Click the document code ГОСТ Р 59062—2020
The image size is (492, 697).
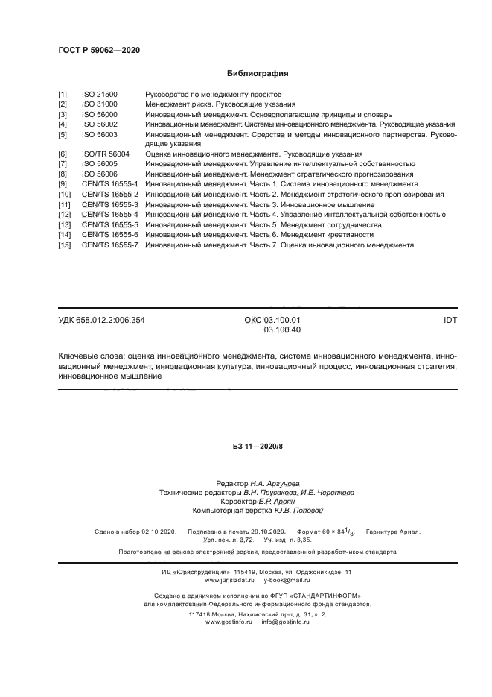pyautogui.click(x=99, y=50)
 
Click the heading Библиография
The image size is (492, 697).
pyautogui.click(x=257, y=74)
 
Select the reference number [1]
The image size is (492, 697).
pyautogui.click(x=63, y=95)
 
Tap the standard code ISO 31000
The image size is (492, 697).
pyautogui.click(x=100, y=104)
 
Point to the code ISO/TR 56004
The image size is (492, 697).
pyautogui.click(x=105, y=154)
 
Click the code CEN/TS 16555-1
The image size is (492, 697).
pyautogui.click(x=109, y=183)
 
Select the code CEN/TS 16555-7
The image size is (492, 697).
pyautogui.click(x=109, y=245)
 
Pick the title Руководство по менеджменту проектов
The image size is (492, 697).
pyautogui.click(x=213, y=95)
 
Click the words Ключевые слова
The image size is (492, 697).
pyautogui.click(x=90, y=356)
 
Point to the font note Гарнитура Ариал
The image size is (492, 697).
pyautogui.click(x=392, y=532)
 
